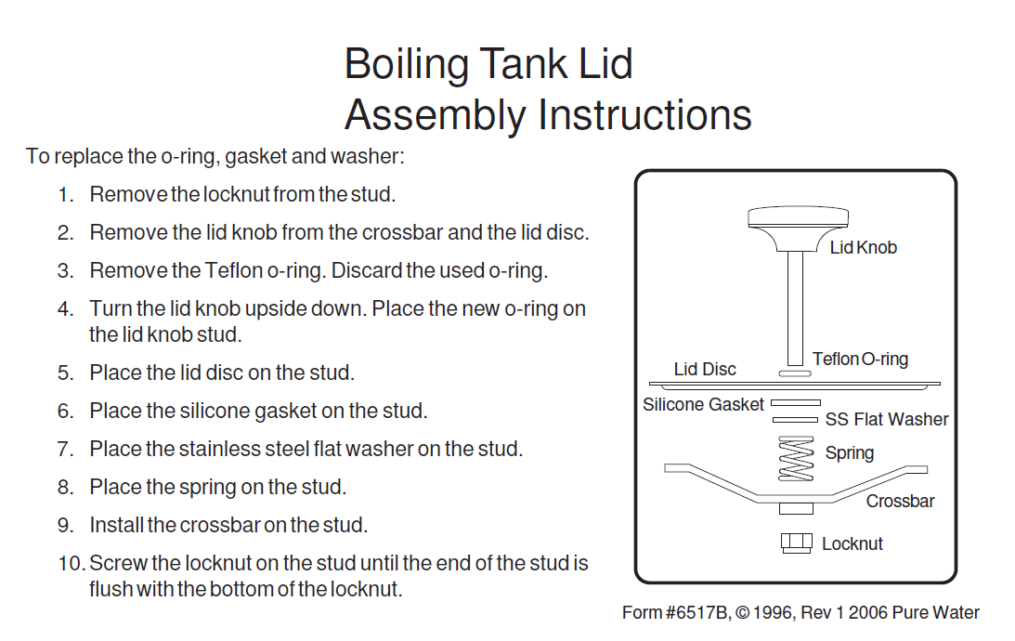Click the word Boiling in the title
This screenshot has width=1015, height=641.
pos(407,65)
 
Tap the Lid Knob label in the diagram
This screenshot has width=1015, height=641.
pos(864,247)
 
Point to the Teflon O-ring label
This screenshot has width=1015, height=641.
pos(860,360)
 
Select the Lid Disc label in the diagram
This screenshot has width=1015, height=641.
pos(705,369)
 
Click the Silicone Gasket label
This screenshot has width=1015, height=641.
pos(703,405)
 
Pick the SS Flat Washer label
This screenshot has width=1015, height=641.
pos(887,420)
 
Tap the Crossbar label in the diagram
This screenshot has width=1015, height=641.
pos(901,501)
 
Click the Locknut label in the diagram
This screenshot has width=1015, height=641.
pos(852,543)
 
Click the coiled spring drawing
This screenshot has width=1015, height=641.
pos(796,459)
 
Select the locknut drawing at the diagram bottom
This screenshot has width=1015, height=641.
pos(796,543)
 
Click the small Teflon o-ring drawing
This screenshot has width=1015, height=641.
pos(794,373)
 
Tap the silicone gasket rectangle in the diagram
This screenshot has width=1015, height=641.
pos(796,403)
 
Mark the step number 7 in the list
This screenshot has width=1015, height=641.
pos(65,449)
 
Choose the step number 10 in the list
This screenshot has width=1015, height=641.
pos(72,563)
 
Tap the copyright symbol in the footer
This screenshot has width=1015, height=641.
pos(743,612)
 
